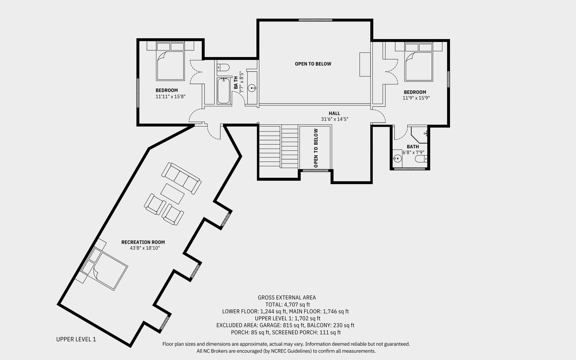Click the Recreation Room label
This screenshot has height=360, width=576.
coord(143,242)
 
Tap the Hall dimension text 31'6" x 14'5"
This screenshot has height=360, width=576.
coord(335,119)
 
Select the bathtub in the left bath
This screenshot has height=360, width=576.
coord(224,91)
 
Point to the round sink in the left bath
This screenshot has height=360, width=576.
coord(252,88)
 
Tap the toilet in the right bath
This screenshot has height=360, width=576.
coord(421,159)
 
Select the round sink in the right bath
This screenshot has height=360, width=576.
coord(397,159)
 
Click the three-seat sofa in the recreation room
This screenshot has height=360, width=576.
coord(181,178)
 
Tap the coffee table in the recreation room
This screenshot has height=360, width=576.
coord(172,194)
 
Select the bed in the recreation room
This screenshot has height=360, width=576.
coord(105,267)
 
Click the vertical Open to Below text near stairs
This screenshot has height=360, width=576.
coord(316,148)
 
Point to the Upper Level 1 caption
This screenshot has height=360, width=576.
coord(76,339)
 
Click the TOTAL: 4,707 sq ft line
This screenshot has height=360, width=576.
coord(287,305)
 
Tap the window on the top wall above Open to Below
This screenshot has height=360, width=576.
coord(315,20)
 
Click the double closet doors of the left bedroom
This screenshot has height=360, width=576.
coord(196,72)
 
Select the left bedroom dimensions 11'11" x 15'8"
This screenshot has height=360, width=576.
coord(170,97)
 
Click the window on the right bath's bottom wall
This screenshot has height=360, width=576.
coord(409,169)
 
